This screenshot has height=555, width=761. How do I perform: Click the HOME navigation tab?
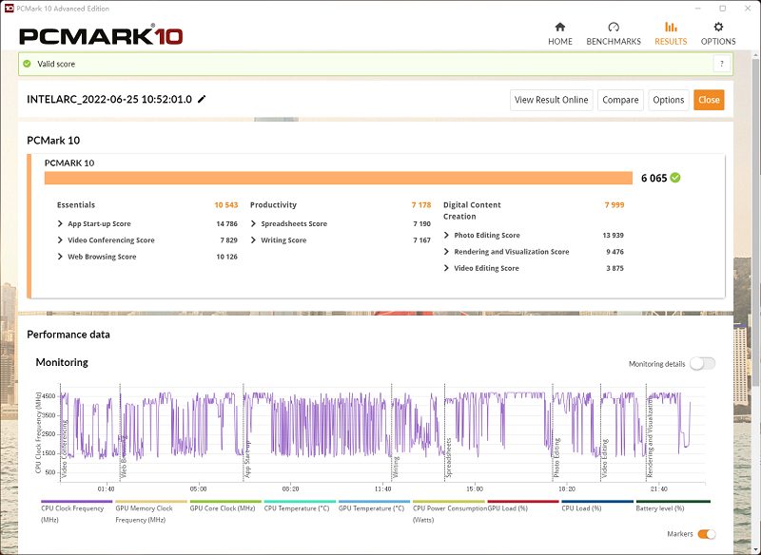pyautogui.click(x=560, y=33)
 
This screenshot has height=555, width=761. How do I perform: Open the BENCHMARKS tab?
pyautogui.click(x=614, y=33)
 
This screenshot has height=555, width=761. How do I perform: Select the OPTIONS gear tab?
pyautogui.click(x=718, y=33)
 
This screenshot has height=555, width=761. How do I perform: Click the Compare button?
pyautogui.click(x=620, y=100)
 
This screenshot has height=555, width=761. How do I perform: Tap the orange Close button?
pyautogui.click(x=709, y=100)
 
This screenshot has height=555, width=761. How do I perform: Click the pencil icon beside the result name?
pyautogui.click(x=202, y=99)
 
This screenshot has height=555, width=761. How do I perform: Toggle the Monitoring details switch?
pyautogui.click(x=702, y=364)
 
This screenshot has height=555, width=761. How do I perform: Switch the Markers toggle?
pyautogui.click(x=707, y=534)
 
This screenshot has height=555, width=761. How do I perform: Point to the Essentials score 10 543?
pyautogui.click(x=225, y=205)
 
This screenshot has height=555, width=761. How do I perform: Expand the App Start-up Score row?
pyautogui.click(x=99, y=224)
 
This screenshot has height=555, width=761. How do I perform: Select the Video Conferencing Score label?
pyautogui.click(x=110, y=240)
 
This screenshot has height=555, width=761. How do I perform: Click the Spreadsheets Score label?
pyautogui.click(x=294, y=224)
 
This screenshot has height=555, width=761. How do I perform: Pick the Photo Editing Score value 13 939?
pyautogui.click(x=613, y=236)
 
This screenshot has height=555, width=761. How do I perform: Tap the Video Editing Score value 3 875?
pyautogui.click(x=615, y=268)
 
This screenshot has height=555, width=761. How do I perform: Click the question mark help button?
pyautogui.click(x=722, y=64)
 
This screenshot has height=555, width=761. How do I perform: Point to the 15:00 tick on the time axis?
pyautogui.click(x=474, y=489)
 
